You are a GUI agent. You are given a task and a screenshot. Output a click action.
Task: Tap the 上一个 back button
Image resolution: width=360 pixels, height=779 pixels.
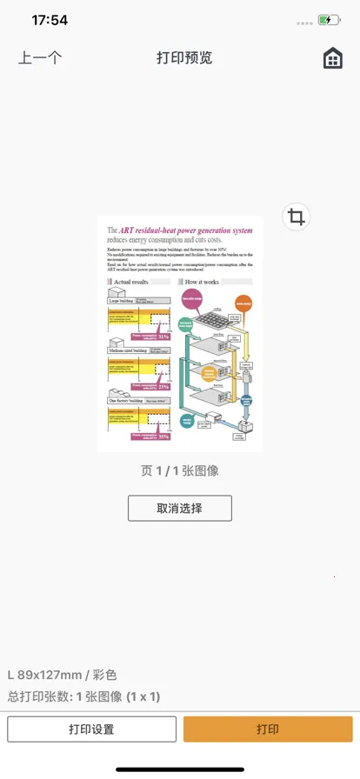tap(40, 58)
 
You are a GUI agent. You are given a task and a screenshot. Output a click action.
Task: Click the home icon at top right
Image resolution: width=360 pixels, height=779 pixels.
tap(332, 58)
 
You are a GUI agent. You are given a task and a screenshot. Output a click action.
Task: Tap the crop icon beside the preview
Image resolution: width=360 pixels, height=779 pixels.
tap(297, 216)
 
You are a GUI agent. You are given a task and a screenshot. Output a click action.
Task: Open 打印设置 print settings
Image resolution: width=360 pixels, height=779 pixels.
tap(92, 729)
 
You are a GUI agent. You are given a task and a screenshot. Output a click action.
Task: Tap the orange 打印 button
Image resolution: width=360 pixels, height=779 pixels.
tap(268, 729)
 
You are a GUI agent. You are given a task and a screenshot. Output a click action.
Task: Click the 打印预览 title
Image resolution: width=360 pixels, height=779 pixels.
tap(184, 58)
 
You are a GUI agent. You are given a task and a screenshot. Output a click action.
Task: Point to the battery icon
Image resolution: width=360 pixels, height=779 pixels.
tap(329, 19)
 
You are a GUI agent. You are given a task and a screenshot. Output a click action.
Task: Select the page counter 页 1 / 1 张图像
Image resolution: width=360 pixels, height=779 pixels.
tap(180, 470)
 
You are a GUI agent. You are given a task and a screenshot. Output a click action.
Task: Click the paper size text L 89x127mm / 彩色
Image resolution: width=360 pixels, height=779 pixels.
tap(63, 675)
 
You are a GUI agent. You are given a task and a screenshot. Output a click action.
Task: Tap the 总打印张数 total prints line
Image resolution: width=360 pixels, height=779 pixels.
tap(83, 696)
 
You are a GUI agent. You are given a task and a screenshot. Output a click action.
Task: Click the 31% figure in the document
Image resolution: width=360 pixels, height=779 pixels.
tap(163, 336)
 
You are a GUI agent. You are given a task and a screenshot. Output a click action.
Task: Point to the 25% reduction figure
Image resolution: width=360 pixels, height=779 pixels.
tap(163, 386)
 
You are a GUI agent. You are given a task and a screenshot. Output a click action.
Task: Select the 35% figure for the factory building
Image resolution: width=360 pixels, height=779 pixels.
tap(163, 436)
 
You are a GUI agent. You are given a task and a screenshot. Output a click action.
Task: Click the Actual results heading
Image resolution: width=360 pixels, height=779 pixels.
tap(131, 283)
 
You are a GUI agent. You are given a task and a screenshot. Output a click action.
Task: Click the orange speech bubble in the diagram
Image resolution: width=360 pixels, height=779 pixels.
tap(243, 303)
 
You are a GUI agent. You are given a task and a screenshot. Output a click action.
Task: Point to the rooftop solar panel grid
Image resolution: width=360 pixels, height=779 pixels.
tap(212, 323)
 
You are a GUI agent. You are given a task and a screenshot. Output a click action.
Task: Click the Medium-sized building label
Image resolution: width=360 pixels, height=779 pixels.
tap(126, 350)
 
